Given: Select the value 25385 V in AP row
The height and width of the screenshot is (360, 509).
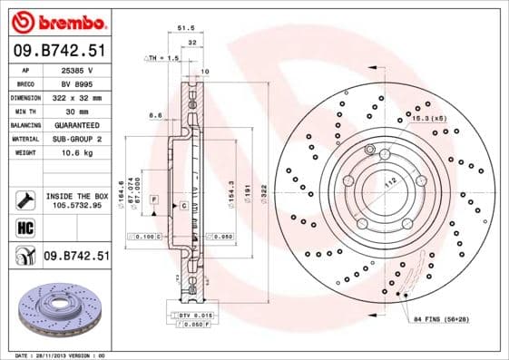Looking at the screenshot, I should click(75, 69).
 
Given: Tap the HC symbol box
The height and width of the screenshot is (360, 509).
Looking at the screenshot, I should click(24, 227).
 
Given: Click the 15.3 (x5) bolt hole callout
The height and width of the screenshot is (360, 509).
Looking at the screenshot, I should click(428, 119).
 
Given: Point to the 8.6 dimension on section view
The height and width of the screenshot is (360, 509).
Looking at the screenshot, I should click(154, 115).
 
